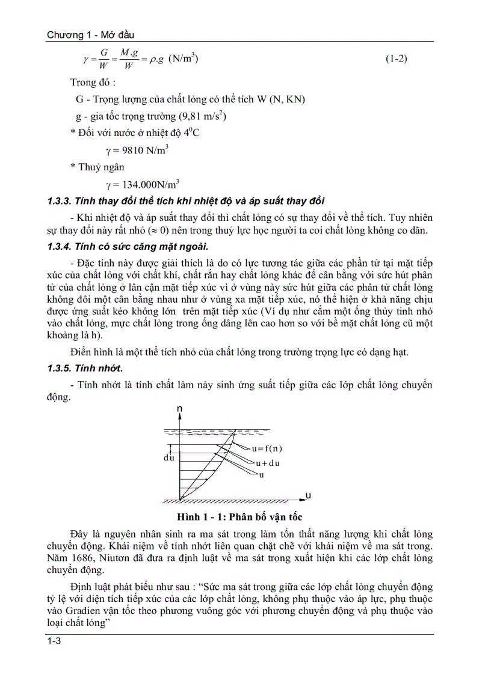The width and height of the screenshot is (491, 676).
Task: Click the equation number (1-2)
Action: [397, 60]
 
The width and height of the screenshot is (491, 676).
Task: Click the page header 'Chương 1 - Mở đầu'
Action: [94, 36]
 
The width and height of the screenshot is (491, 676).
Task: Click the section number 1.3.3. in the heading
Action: [60, 201]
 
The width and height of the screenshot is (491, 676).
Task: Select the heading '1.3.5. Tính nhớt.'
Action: [85, 368]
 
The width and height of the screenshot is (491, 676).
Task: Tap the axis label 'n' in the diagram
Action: [180, 410]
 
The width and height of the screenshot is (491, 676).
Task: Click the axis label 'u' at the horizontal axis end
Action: [307, 495]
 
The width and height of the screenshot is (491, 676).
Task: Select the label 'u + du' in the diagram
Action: [268, 463]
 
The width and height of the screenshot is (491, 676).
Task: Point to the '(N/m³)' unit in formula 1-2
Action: [184, 59]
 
